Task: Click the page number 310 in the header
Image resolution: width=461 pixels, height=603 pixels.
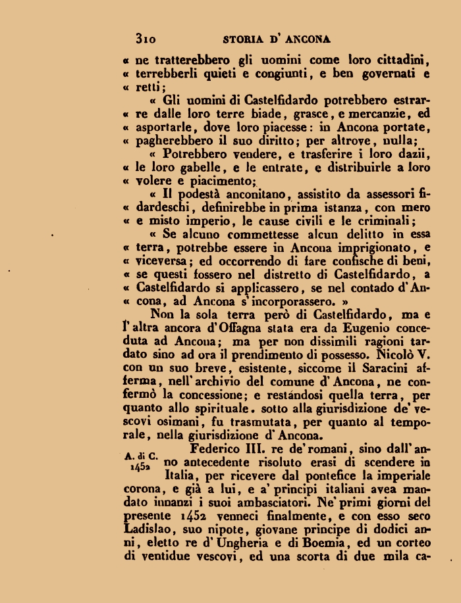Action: (x=145, y=39)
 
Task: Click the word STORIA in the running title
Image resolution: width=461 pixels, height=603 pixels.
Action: (x=243, y=39)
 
